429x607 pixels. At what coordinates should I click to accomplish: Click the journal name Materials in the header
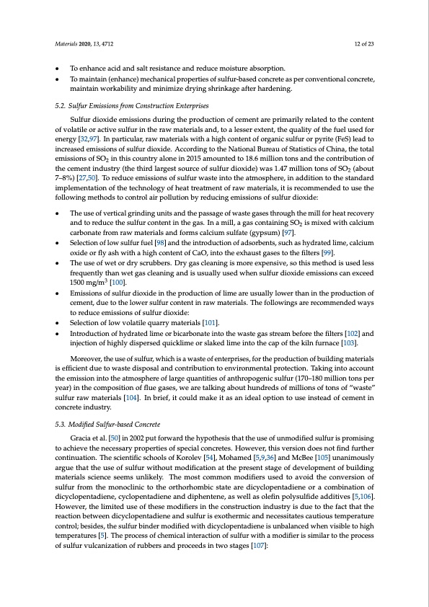coord(67,44)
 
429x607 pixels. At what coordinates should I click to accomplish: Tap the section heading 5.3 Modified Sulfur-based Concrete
coord(108,422)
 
